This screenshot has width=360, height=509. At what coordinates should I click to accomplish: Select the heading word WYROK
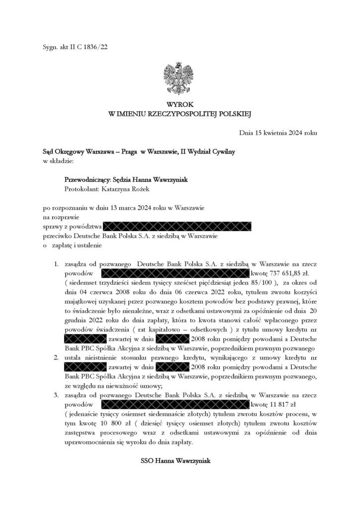(x=180, y=105)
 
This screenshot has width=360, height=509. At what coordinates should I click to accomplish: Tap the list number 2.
(x=57, y=357)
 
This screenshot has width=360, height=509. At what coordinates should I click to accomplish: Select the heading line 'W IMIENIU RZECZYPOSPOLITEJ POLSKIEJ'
(x=180, y=114)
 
